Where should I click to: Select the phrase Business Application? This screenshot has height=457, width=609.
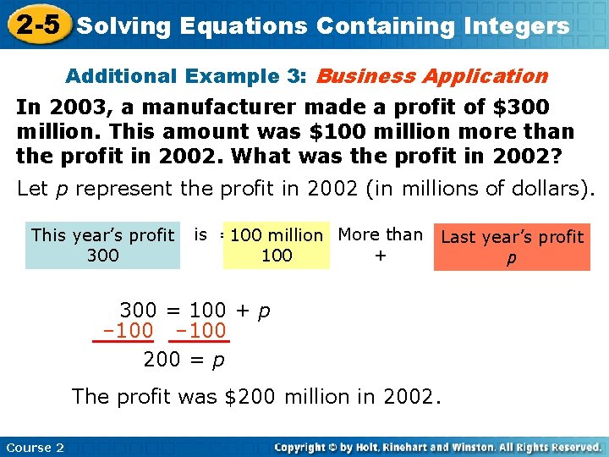pos(431,76)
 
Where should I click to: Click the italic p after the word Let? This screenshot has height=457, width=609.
pos(60,190)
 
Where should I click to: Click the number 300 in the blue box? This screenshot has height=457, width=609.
pos(102,256)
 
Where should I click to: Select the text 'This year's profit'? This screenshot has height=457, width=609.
pos(102,235)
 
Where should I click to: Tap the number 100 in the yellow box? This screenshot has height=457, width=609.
pos(277,256)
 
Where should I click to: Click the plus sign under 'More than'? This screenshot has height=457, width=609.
pos(381,255)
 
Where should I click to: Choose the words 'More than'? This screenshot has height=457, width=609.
pos(381,234)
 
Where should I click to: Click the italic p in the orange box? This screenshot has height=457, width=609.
pos(511,258)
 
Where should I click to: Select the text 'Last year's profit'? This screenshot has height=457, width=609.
pos(512,237)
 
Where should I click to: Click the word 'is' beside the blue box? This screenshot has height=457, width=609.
pos(200,234)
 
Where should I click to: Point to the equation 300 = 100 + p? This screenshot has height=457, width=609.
pos(195,310)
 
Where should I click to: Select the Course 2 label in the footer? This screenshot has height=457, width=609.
pos(35,447)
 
